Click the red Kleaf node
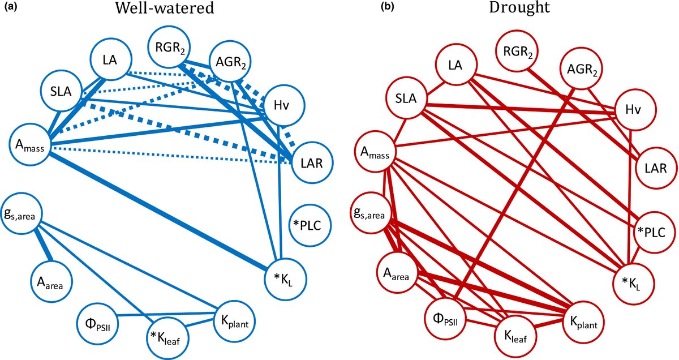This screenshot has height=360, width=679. click(x=514, y=337)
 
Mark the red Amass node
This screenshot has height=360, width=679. click(x=374, y=154)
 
